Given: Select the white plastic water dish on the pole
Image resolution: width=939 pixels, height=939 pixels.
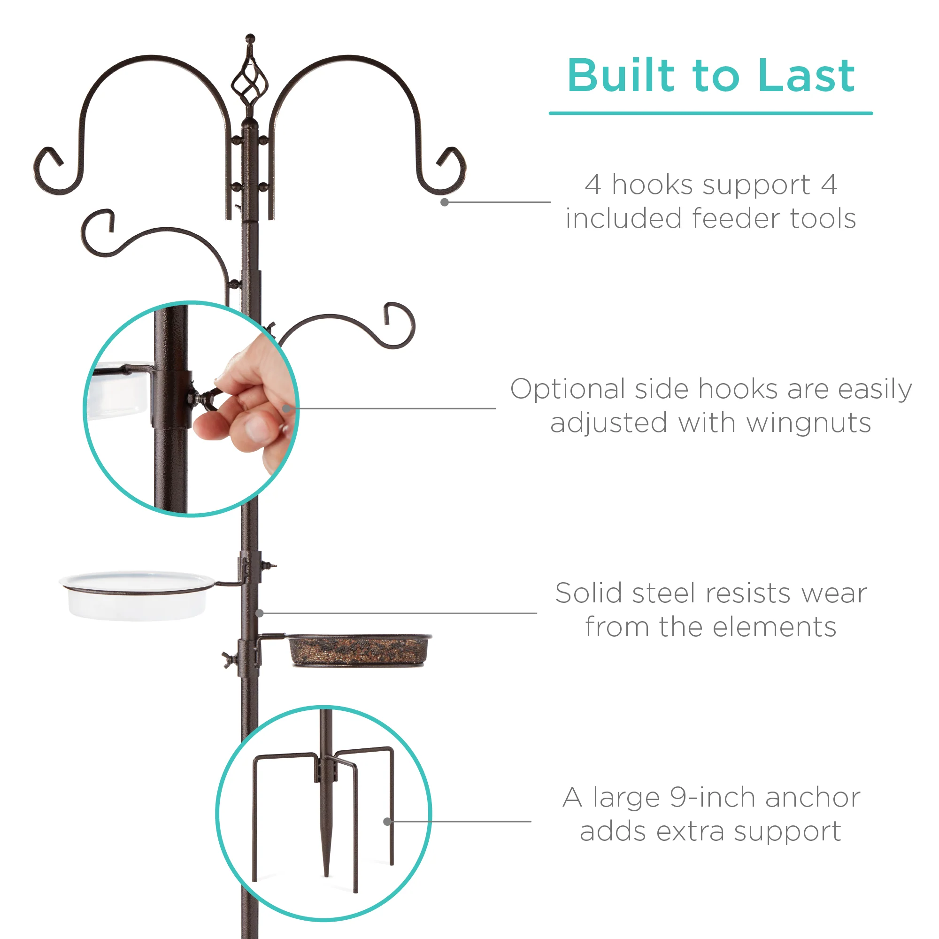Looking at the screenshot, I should pyautogui.click(x=136, y=597).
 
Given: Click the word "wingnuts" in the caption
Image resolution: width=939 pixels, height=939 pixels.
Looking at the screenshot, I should pyautogui.click(x=808, y=423).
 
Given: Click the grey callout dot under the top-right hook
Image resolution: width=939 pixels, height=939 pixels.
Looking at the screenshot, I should pyautogui.click(x=444, y=202).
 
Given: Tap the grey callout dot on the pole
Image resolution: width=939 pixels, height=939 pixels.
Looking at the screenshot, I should pyautogui.click(x=260, y=613).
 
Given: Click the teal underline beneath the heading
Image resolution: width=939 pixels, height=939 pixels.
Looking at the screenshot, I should pyautogui.click(x=710, y=113).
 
